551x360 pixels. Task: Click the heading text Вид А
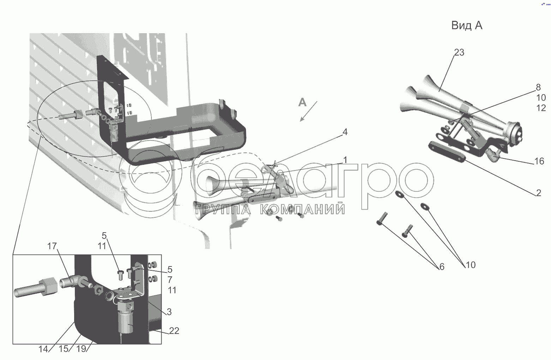(x=467, y=25)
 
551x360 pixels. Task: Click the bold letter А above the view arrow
(x=302, y=102)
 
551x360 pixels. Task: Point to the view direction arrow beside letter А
(x=309, y=111)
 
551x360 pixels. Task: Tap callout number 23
(x=459, y=52)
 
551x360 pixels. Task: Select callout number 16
(x=539, y=161)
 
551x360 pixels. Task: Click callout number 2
(x=538, y=193)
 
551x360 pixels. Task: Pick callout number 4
(x=345, y=132)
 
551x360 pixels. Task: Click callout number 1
(x=345, y=160)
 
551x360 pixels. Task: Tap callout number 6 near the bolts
(x=442, y=267)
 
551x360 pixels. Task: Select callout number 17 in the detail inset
(x=52, y=246)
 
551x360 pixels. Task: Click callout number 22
(x=174, y=331)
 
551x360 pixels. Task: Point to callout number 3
(x=169, y=312)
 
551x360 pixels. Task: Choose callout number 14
(x=43, y=349)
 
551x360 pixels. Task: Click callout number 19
(x=81, y=349)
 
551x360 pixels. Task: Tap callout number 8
(x=538, y=87)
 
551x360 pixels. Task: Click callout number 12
(x=541, y=108)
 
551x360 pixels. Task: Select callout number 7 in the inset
(x=170, y=280)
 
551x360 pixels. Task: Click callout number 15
(x=64, y=349)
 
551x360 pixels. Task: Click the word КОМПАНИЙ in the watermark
(x=302, y=209)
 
